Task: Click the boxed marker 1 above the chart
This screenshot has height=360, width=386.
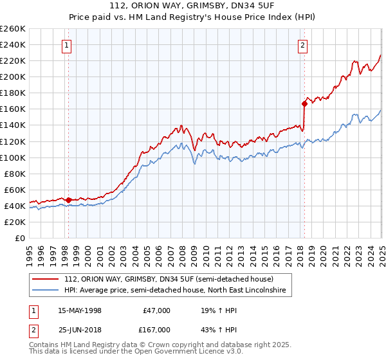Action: coord(68,45)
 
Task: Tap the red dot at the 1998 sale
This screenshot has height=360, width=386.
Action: coord(68,200)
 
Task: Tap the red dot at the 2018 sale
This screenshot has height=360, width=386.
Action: coord(304,103)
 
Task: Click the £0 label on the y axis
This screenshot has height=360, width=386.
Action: coord(20,238)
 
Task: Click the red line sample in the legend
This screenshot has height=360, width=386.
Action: coord(46,279)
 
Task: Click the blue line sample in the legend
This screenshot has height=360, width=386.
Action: coord(46,291)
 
